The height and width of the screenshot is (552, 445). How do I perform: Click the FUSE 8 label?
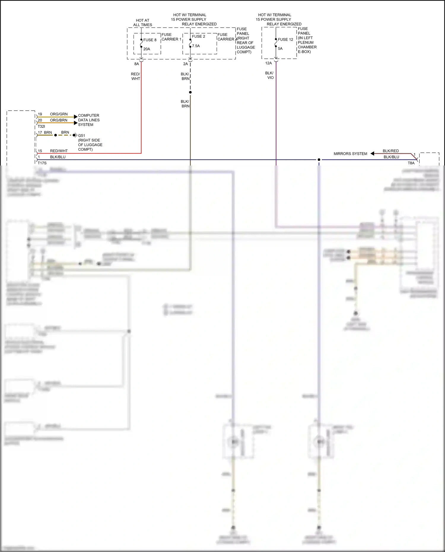click(150, 40)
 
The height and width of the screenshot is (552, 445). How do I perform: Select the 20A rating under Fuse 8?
click(147, 49)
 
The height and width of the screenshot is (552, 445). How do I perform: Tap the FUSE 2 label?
click(198, 36)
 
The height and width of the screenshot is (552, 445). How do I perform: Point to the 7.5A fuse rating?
click(196, 46)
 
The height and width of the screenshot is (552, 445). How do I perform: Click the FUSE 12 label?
click(285, 39)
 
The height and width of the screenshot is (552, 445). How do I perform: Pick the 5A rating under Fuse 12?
click(280, 49)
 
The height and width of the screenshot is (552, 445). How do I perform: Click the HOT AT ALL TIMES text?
click(143, 23)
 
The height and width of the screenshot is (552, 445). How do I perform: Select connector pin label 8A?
click(136, 64)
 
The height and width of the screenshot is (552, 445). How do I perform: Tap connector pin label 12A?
click(268, 63)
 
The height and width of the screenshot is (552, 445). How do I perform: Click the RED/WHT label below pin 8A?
click(136, 76)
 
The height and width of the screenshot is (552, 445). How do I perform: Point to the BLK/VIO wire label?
click(270, 75)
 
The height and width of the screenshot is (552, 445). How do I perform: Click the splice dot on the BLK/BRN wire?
click(190, 92)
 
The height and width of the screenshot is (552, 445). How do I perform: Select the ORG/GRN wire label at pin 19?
click(59, 114)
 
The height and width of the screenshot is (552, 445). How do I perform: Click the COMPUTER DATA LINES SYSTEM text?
click(89, 120)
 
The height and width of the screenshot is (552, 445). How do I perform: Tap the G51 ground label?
click(82, 136)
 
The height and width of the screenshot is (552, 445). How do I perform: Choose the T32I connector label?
click(41, 126)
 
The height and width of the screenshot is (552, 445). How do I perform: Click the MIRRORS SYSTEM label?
click(350, 154)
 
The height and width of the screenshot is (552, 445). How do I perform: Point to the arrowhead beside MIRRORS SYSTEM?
click(372, 153)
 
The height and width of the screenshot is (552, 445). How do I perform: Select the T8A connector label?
click(411, 163)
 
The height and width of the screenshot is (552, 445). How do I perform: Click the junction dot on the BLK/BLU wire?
click(319, 160)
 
